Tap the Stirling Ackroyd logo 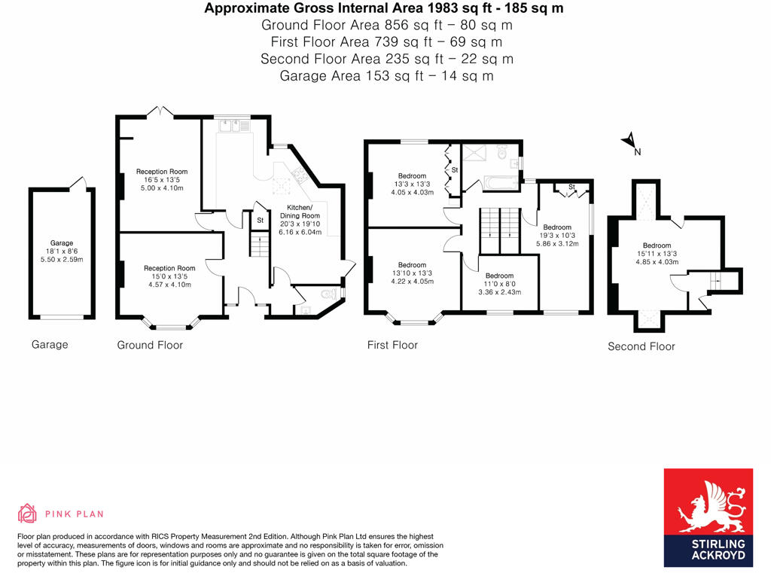point(708,518)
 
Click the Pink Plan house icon point(28,514)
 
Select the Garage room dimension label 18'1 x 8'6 point(62,251)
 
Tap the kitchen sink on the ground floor point(235,126)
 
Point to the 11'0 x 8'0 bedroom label point(499,284)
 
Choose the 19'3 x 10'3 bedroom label point(558,235)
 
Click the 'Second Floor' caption point(641,346)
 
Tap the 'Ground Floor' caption point(150,345)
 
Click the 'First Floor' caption point(392,345)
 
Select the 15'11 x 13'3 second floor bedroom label point(657,254)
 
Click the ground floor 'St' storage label point(260,221)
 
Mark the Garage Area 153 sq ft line point(386,75)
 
